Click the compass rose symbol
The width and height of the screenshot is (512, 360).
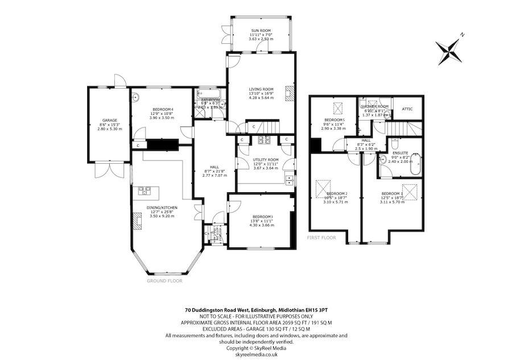(x=451, y=49)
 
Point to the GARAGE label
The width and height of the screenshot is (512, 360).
(x=109, y=121)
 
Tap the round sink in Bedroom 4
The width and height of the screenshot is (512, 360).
(x=137, y=98)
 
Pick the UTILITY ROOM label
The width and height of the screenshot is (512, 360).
(x=266, y=160)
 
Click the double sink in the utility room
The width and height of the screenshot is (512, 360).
(x=290, y=180)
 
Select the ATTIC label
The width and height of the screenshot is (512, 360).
(x=407, y=108)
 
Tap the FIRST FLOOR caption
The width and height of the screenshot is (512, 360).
(x=321, y=238)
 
